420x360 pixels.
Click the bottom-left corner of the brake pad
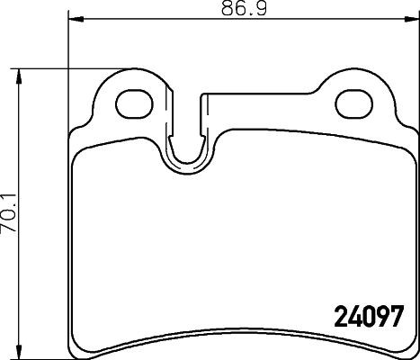(x=72, y=349)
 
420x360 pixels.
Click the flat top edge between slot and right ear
(x=270, y=93)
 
